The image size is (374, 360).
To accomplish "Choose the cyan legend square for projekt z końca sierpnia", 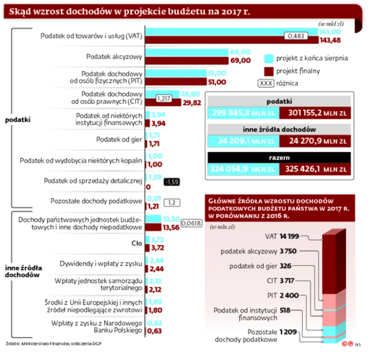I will pos(268,59).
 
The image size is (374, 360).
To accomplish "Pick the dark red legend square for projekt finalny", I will pos(268,71).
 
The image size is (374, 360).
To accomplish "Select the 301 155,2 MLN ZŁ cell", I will pos(315,113).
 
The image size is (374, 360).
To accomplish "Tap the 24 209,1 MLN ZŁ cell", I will pos(242,140).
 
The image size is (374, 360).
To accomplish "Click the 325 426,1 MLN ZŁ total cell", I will pos(315,169).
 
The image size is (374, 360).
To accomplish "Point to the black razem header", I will pos(279,157).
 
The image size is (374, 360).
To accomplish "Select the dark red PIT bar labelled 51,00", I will pos(176,82).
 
